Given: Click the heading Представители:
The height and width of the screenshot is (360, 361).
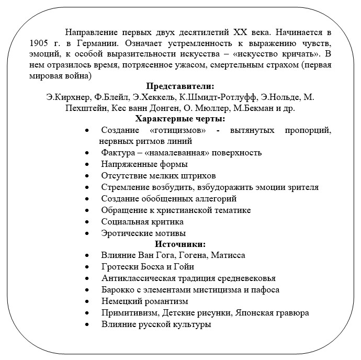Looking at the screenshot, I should click(x=180, y=86).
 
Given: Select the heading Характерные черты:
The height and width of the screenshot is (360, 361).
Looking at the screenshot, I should click(x=180, y=119).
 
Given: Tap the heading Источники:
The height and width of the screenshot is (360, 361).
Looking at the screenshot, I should click(x=180, y=244).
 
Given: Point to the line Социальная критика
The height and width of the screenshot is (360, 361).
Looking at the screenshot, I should click(x=135, y=222).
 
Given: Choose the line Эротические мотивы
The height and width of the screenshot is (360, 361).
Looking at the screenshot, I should click(x=143, y=233).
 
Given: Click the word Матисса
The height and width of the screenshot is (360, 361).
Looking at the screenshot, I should click(x=228, y=255).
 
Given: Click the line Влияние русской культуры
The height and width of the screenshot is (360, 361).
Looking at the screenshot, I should click(x=156, y=324).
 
